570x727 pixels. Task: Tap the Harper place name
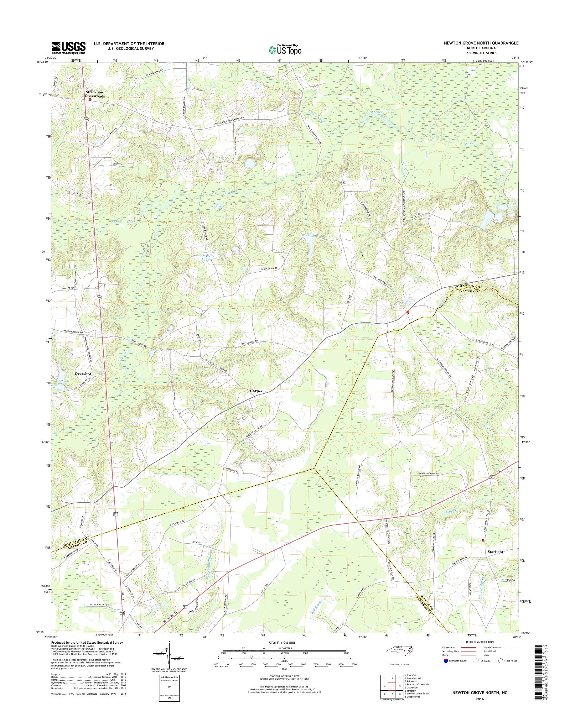pos(256,391)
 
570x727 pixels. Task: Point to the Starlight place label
pos(495,552)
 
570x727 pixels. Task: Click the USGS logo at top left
pos(68,48)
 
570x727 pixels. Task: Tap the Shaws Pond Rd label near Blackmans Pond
pos(267,269)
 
